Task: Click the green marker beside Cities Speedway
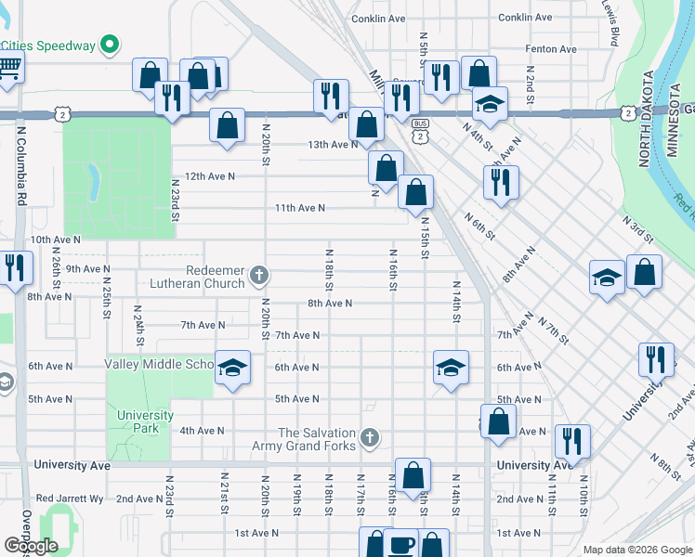pyautogui.click(x=110, y=44)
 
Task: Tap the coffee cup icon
pyautogui.click(x=401, y=545)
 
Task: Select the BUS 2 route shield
pyautogui.click(x=421, y=129)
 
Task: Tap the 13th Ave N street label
pyautogui.click(x=333, y=144)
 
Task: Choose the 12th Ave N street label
pyautogui.click(x=209, y=175)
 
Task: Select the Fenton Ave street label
pyautogui.click(x=550, y=48)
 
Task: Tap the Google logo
pyautogui.click(x=32, y=546)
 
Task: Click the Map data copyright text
pyautogui.click(x=636, y=550)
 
